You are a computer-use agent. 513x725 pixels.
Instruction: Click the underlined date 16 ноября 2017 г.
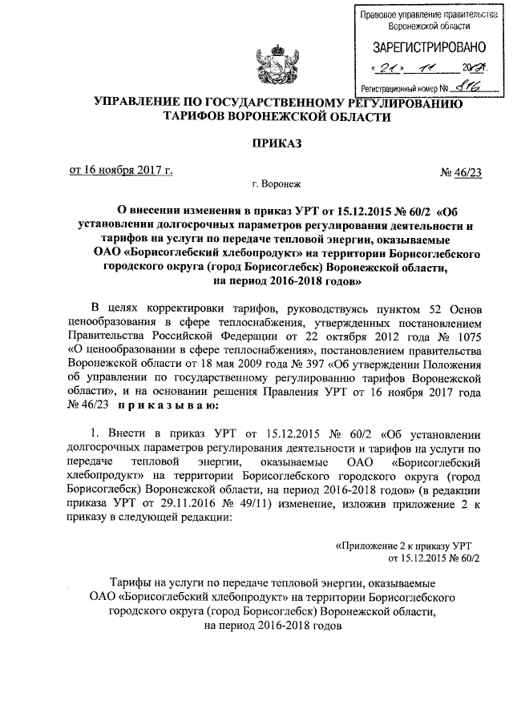(x=121, y=170)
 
